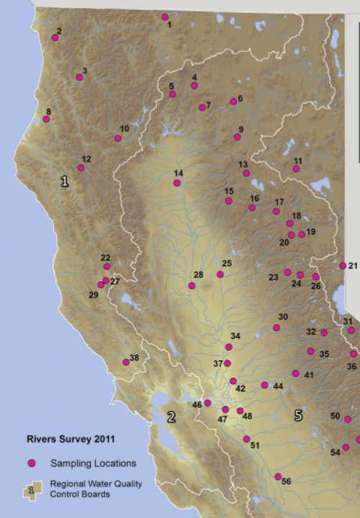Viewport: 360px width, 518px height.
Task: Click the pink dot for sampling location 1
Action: coord(165,17)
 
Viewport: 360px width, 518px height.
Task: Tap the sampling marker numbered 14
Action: coord(177,183)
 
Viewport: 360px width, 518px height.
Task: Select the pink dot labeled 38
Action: coord(126,362)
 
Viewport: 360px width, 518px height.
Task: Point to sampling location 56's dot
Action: coord(278,476)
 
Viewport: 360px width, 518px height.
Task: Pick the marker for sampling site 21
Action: coord(343,266)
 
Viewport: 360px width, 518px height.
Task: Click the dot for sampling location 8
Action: coord(47,119)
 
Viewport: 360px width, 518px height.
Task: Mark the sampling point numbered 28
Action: coord(192,285)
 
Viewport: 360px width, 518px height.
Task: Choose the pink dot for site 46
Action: coord(207,403)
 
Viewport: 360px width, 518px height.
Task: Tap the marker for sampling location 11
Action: coord(296,169)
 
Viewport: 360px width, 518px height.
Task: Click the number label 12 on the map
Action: coord(86,159)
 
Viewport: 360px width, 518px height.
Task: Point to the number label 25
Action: coord(227,264)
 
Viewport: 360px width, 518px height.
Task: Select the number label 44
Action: coord(278,386)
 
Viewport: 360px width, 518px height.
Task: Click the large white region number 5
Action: coord(298,416)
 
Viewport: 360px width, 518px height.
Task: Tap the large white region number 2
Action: coord(171,416)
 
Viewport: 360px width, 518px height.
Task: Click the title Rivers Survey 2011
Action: coord(67,438)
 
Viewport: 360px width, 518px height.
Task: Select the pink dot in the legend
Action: coord(31,463)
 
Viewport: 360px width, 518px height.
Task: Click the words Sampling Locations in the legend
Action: coord(94,463)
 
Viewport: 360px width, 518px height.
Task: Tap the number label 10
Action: coord(125,129)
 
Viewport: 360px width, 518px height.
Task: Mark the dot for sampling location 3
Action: coord(79,77)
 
